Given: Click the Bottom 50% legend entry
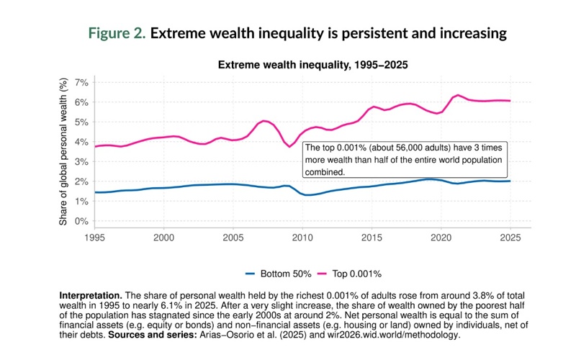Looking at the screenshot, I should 279,274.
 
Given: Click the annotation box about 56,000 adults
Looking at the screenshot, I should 406,160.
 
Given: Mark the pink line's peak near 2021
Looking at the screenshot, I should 458,95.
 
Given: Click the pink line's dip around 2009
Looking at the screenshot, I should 291,146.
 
